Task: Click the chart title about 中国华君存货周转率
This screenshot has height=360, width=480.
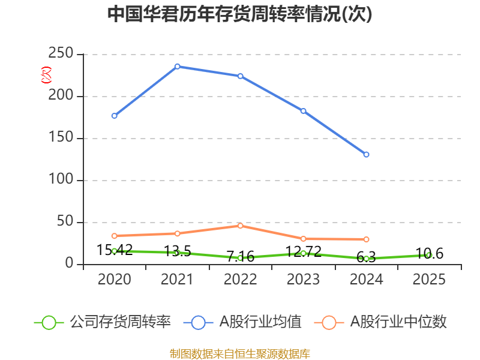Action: pos(240,14)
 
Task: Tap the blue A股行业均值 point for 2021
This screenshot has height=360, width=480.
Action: pos(178,66)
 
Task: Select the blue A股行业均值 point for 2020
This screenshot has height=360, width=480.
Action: pos(115,116)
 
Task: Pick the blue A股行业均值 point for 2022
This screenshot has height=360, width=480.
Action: pos(241,76)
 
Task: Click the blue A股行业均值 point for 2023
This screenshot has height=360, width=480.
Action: pos(304,111)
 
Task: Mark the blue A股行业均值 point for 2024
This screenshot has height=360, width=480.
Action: pos(367,155)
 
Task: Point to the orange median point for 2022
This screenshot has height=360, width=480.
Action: pos(241,226)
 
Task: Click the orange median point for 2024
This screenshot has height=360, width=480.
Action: pos(367,239)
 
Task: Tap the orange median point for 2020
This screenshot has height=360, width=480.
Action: pos(115,236)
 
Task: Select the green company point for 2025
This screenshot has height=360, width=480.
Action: pos(429,255)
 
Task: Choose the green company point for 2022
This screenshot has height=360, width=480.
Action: pos(241,258)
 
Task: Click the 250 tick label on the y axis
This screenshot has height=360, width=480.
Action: pos(62,54)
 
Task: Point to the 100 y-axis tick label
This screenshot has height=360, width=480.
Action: pos(62,180)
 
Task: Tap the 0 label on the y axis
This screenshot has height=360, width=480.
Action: pos(70,264)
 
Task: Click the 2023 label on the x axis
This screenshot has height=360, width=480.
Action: pos(304,280)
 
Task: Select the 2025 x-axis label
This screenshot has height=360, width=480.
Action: pos(429,280)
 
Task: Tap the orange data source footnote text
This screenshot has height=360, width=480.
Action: pos(240,353)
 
